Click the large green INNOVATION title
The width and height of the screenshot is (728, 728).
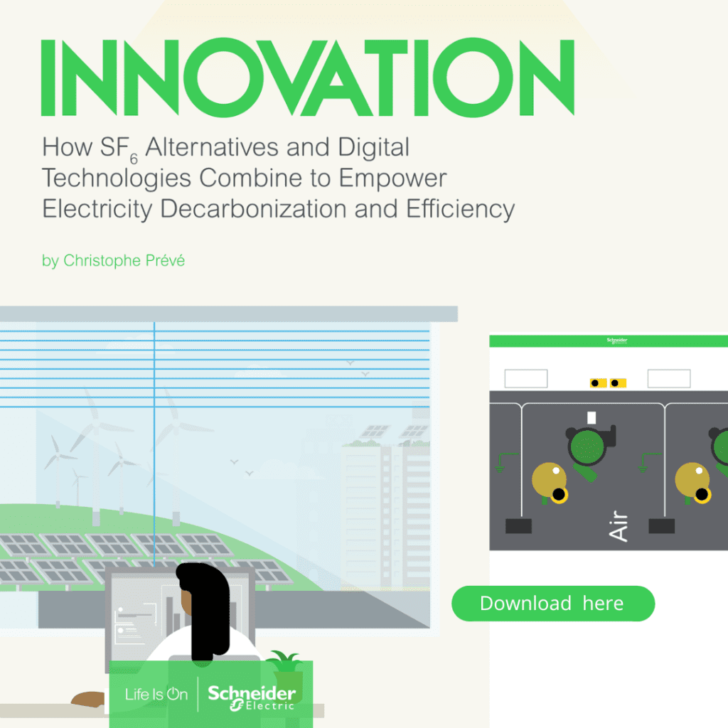tap(307, 77)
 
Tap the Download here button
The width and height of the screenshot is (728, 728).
tap(553, 603)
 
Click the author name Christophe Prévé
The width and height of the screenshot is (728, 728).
tap(124, 260)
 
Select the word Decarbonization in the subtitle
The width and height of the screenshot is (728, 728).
tap(253, 209)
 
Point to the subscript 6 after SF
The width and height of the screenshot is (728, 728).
tap(134, 159)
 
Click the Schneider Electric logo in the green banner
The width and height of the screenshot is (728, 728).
tap(251, 697)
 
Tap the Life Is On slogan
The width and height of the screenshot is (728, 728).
tap(156, 694)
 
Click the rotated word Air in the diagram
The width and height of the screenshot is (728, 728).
tap(619, 526)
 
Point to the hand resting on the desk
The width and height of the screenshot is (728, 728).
tap(88, 700)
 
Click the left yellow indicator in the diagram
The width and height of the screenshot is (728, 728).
tap(598, 383)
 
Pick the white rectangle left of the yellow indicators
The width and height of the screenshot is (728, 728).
tap(526, 378)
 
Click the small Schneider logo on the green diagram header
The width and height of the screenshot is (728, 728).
tap(617, 341)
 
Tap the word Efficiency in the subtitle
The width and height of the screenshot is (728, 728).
tap(461, 209)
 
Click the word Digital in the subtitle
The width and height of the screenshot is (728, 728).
tap(373, 148)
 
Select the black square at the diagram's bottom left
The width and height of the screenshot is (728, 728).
tap(518, 526)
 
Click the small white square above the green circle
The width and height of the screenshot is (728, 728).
tap(591, 417)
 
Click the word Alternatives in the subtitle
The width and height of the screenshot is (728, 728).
tap(212, 148)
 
